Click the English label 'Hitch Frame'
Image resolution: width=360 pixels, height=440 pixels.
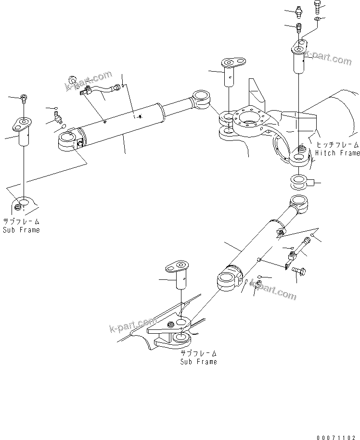coord(337,153)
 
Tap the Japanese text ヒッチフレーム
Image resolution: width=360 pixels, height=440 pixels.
coord(337,145)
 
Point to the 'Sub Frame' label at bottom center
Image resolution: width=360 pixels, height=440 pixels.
coord(198,361)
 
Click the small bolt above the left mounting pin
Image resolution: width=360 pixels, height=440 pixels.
coord(25,99)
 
